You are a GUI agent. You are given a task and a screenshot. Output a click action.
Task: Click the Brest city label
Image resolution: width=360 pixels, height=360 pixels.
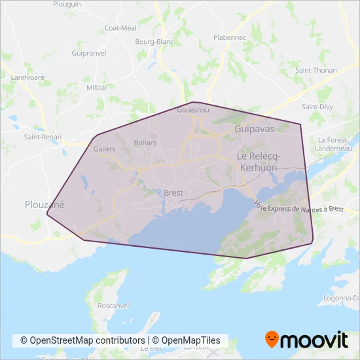pos(173,193)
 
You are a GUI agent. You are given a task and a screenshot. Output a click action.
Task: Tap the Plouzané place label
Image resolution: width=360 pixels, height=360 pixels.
pos(45,204)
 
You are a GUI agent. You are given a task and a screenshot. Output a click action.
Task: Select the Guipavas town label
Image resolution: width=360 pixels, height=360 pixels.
pos(255,130)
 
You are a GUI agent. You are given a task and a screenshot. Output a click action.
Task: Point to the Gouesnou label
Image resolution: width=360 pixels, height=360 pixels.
pos(193,111)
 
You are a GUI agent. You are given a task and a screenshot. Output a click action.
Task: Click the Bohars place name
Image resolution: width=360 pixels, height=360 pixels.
pos(145,142)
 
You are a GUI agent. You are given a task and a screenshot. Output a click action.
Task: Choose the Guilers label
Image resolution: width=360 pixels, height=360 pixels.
pos(105,149)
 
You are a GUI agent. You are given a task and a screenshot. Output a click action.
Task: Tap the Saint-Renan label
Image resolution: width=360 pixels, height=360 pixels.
pos(43,137)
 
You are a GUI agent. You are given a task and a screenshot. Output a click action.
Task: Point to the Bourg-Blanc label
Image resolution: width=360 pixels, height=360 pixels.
pos(154,42)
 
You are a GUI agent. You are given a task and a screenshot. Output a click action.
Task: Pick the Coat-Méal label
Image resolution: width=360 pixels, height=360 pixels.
pos(120,28)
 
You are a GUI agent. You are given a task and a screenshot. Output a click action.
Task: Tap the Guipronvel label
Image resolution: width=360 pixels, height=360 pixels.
pos(88,52)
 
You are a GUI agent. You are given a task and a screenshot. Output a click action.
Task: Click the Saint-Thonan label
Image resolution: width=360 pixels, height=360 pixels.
pos(315,69)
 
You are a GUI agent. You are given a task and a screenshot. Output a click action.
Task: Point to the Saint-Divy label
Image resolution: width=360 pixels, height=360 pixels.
pos(317,106)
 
